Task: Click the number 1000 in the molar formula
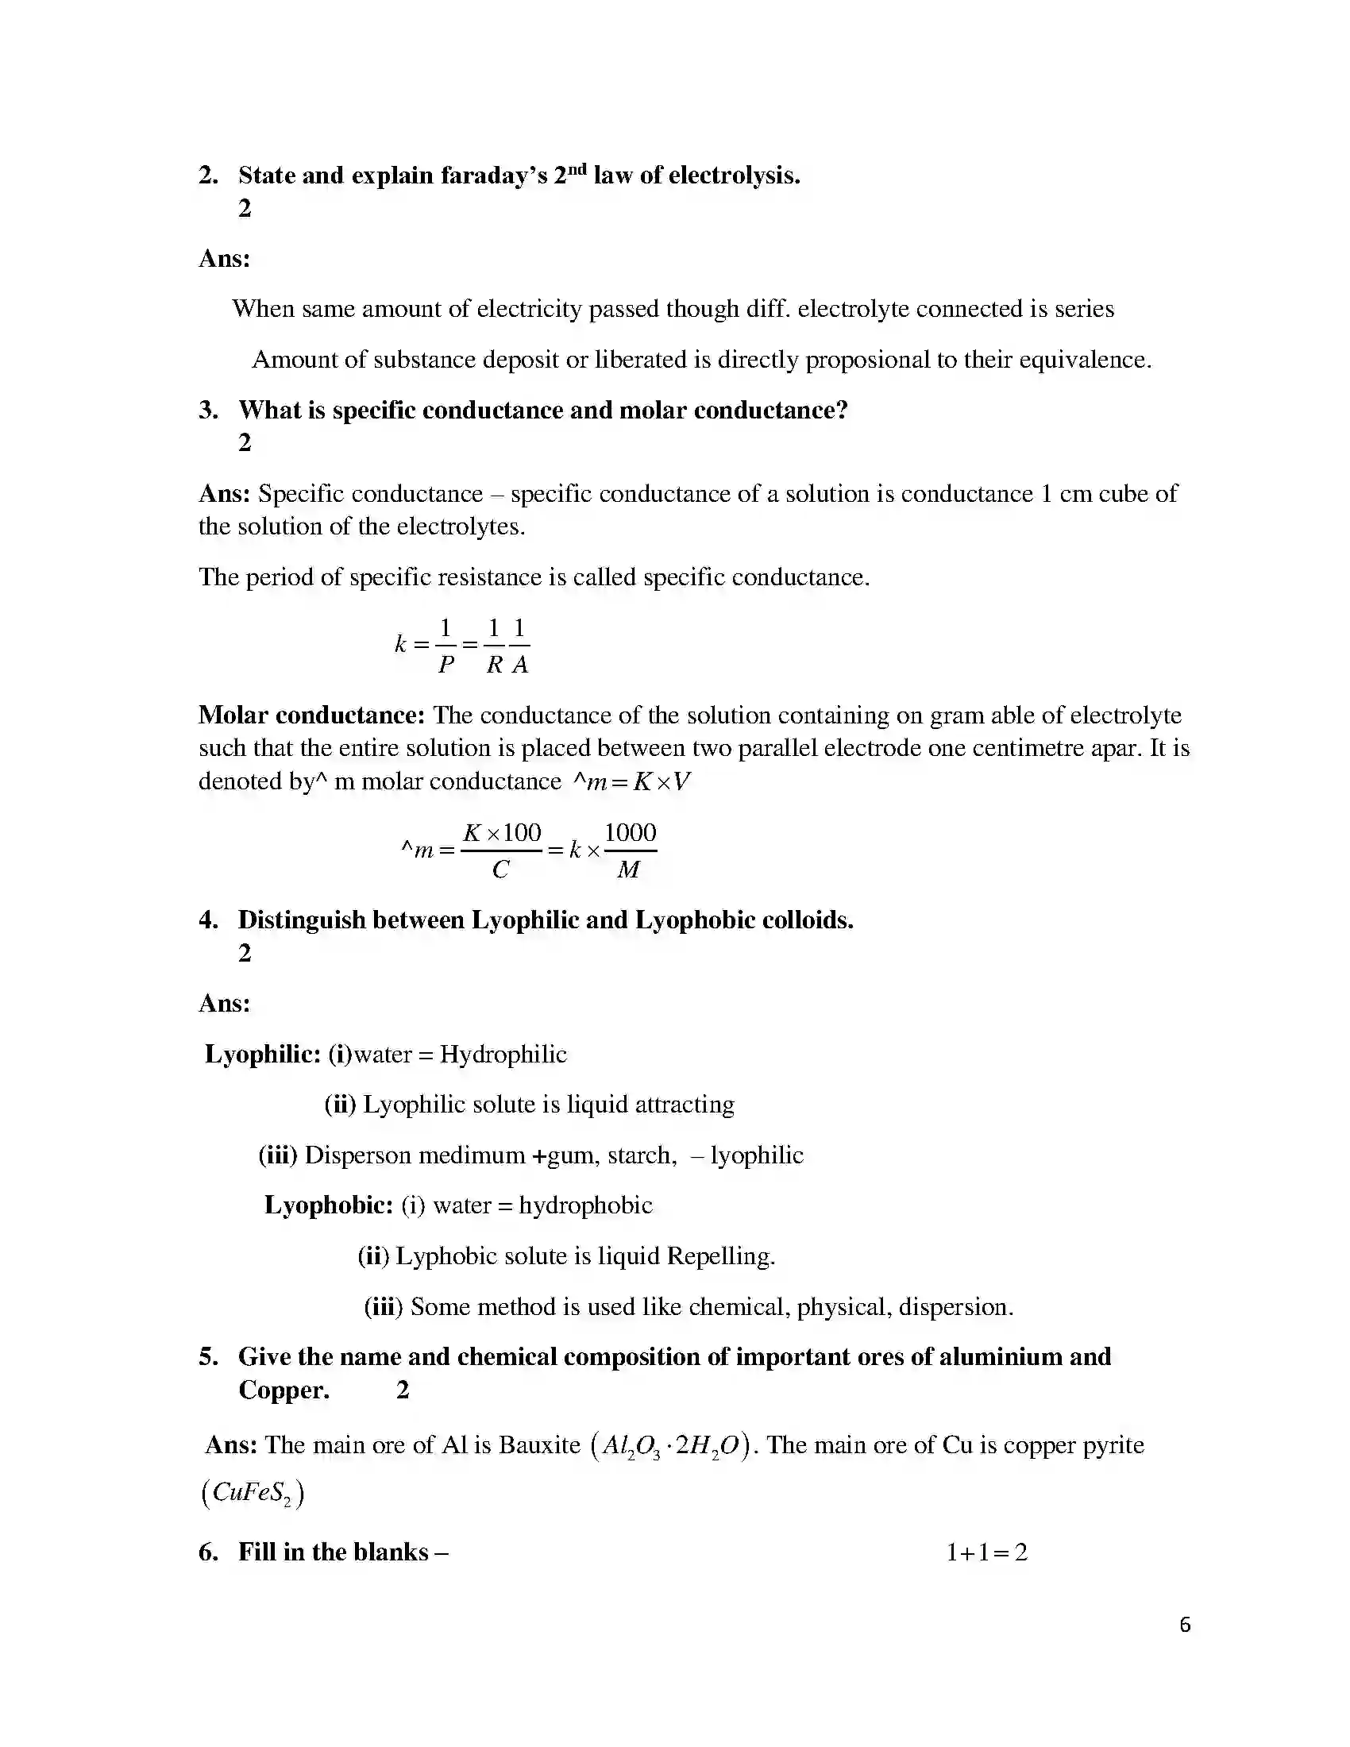631,833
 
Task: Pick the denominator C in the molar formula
500,870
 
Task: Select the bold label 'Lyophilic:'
263,1055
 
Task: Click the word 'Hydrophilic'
503,1055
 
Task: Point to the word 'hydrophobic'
585,1205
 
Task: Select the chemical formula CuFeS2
253,1494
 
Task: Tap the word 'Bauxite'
540,1444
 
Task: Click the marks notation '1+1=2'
987,1552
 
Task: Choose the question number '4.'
208,920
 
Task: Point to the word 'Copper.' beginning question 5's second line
284,1390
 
